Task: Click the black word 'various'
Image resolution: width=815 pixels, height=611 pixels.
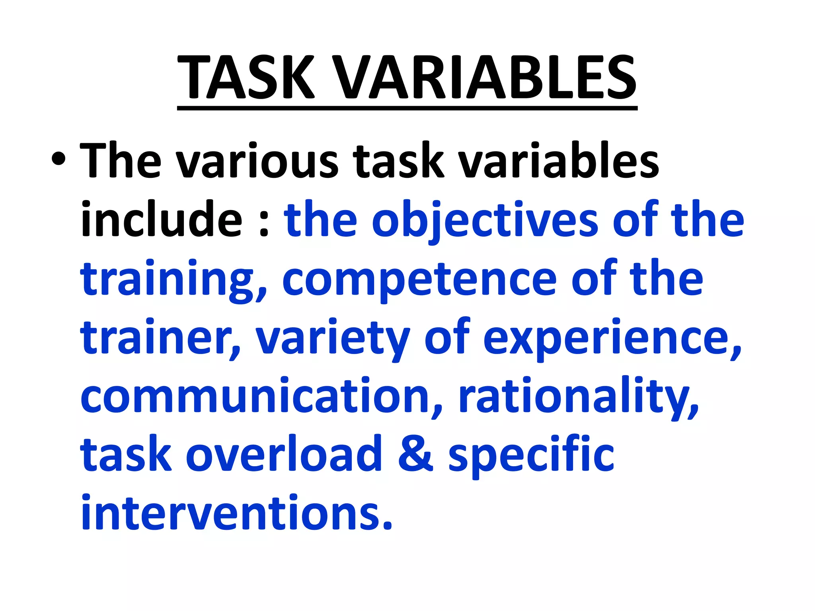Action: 257,161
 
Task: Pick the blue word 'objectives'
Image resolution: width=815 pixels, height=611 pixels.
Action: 485,221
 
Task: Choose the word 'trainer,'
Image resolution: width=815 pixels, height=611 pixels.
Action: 161,338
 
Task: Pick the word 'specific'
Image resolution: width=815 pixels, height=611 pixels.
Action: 531,456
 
